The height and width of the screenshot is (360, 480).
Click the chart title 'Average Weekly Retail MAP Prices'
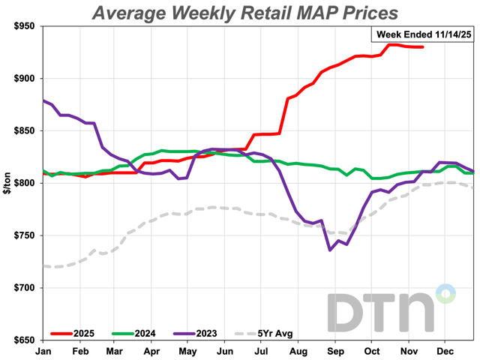244,13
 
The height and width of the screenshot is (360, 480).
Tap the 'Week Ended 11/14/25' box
423,34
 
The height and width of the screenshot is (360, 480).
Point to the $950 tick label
22,26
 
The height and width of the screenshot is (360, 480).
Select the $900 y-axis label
22,79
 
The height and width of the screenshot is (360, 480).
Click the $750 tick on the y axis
22,235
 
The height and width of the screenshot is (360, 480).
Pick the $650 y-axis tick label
22,340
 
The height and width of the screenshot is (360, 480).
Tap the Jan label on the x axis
43,350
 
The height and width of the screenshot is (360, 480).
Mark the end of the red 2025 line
423,47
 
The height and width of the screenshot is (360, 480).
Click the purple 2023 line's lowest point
330,250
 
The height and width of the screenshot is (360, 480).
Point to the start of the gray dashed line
44,265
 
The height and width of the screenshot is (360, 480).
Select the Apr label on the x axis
151,350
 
